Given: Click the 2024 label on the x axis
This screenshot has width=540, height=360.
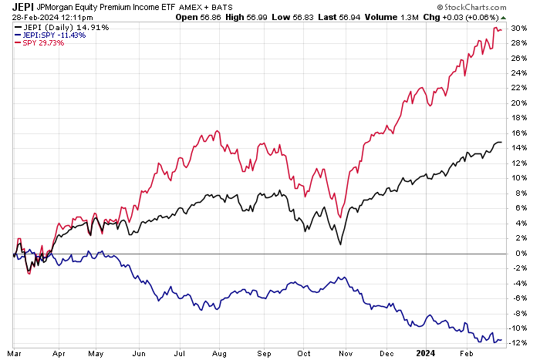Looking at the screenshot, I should click(427, 353).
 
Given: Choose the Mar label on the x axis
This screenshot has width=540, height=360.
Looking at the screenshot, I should click(16, 353).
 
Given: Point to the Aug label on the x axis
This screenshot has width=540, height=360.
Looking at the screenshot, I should click(220, 353).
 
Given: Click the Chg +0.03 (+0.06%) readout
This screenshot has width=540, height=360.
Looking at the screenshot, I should click(475, 16).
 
